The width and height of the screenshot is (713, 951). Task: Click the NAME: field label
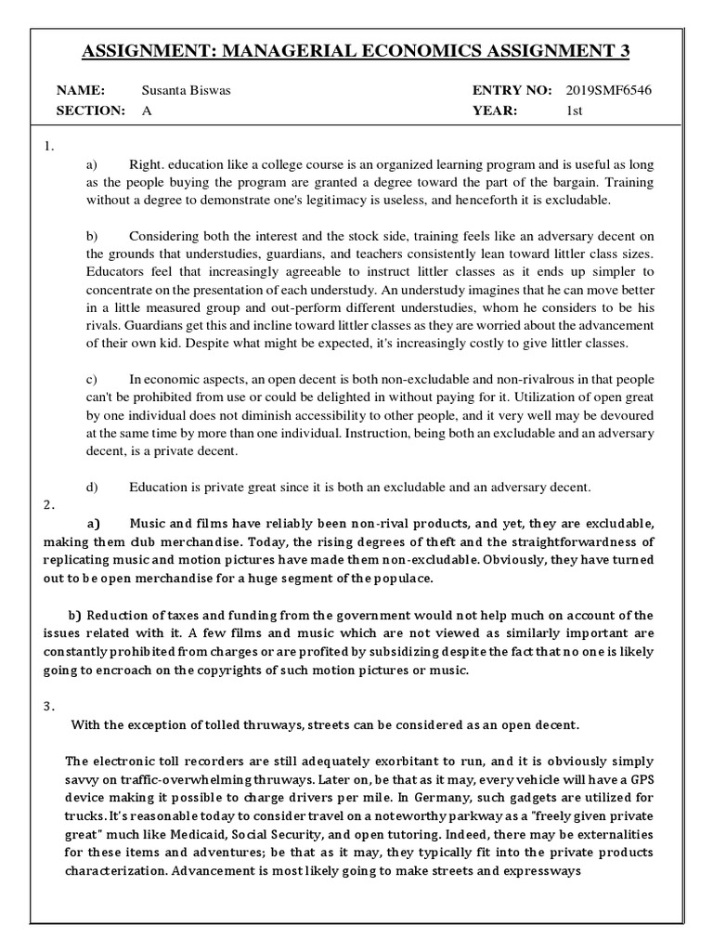tap(81, 91)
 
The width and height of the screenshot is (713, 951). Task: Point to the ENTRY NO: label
tap(512, 91)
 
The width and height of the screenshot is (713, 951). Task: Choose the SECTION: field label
tap(90, 111)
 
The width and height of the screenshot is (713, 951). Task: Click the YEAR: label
tap(496, 111)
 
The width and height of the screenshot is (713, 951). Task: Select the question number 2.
tap(48, 504)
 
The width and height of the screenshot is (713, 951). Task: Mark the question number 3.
tap(48, 706)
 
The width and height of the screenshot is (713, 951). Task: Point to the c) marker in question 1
tap(92, 380)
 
